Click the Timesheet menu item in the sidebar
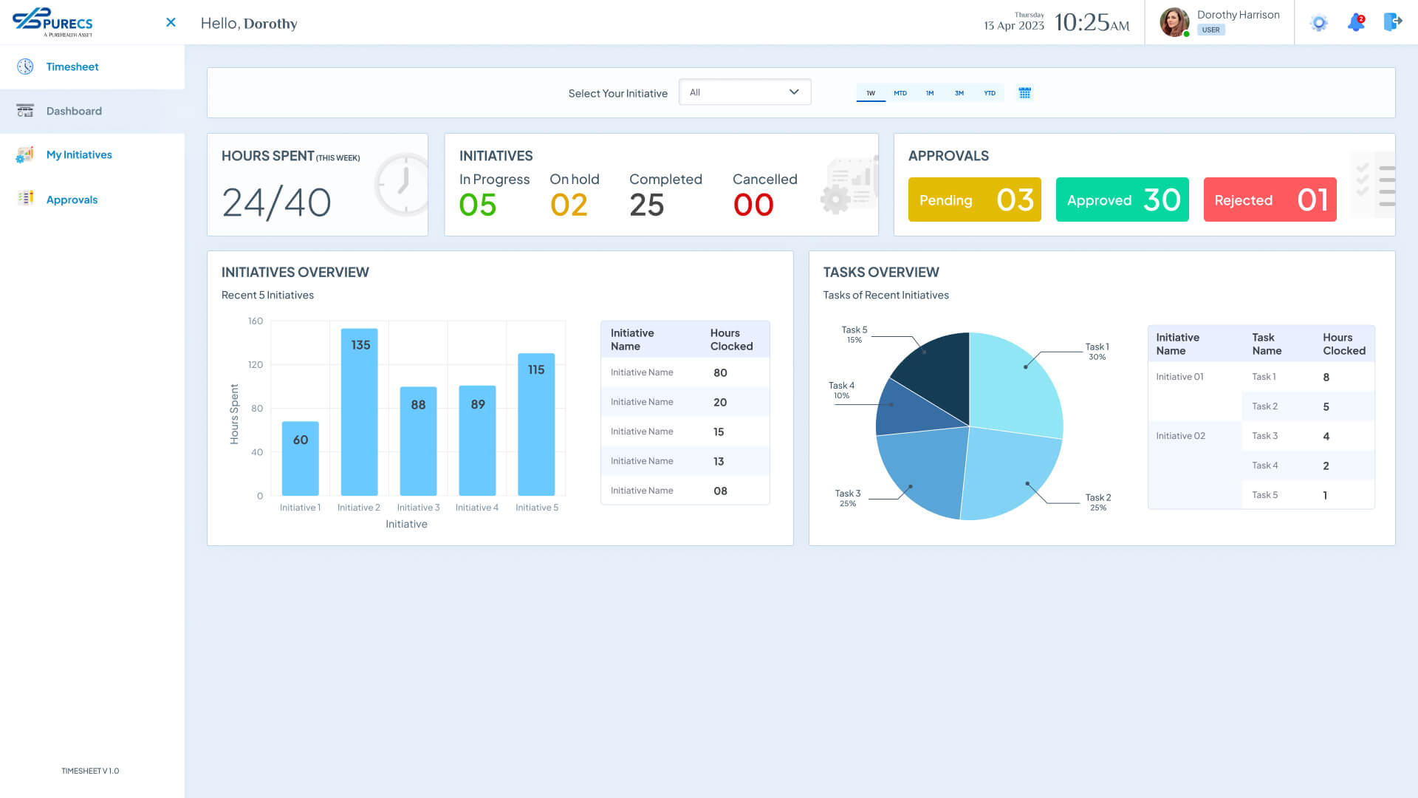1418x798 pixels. click(x=72, y=66)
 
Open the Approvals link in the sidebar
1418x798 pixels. click(x=72, y=199)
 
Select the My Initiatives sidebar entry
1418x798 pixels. click(x=79, y=155)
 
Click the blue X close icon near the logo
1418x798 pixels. click(x=171, y=22)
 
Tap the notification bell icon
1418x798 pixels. click(x=1356, y=22)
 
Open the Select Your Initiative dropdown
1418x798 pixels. click(x=744, y=92)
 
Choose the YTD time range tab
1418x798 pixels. click(x=990, y=93)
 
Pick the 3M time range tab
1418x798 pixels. click(x=959, y=93)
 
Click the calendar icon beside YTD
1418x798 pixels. click(x=1024, y=93)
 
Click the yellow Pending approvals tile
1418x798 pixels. click(x=974, y=199)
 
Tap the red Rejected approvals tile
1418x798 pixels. click(x=1270, y=199)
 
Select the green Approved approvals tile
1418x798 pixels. click(x=1122, y=199)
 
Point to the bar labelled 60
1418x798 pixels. click(x=301, y=458)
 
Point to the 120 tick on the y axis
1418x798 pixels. click(x=256, y=365)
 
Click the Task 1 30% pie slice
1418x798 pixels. click(x=1015, y=384)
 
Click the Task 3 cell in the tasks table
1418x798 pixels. click(x=1264, y=436)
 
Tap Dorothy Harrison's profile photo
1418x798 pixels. click(x=1174, y=22)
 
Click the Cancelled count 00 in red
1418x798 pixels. click(x=753, y=205)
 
